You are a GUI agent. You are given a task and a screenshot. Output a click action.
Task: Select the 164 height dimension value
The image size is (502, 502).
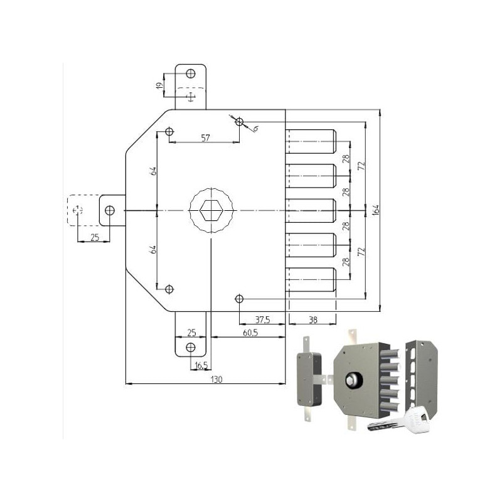376,210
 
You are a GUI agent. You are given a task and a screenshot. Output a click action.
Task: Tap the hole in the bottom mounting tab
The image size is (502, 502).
190,347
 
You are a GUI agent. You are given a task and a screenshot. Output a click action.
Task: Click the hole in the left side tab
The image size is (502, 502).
110,210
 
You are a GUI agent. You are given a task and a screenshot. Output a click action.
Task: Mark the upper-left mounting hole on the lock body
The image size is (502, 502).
169,132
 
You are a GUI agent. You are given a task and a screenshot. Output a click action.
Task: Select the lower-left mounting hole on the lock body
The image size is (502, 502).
169,289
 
